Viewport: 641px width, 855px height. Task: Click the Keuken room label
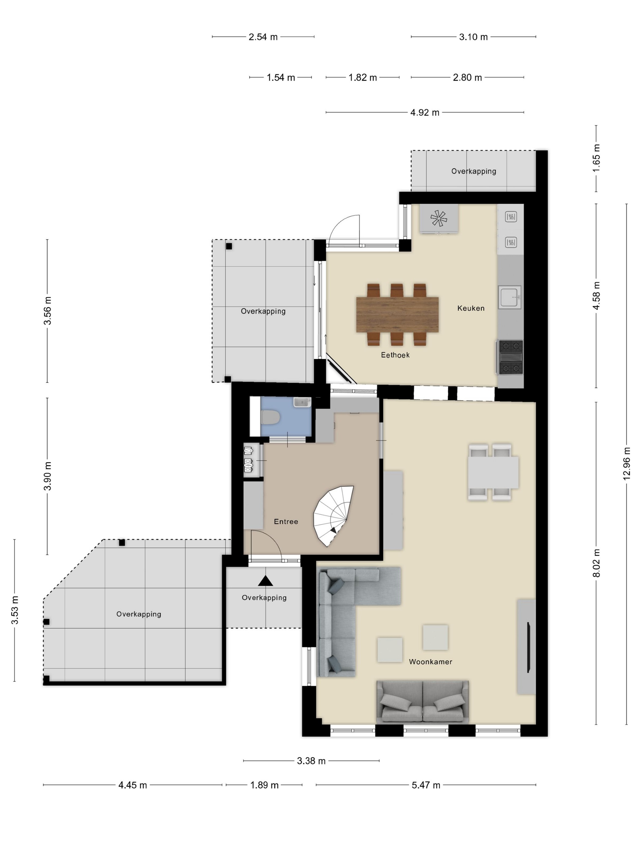[x=470, y=308]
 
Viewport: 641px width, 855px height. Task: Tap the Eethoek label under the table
[x=395, y=355]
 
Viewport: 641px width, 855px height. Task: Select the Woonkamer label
[x=430, y=662]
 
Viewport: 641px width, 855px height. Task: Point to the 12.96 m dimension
[x=626, y=464]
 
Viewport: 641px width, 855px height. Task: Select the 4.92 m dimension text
[x=425, y=112]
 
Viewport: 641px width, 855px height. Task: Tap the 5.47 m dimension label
[x=426, y=785]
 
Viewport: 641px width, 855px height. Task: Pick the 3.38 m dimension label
[x=311, y=761]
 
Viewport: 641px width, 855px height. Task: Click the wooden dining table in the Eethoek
[x=397, y=314]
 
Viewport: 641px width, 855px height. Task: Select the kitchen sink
[x=509, y=297]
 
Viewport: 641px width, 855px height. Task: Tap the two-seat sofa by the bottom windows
[x=423, y=701]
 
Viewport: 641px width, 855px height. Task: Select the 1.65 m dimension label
[x=596, y=158]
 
